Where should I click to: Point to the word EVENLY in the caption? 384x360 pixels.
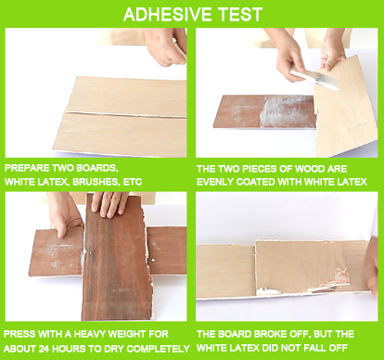[217, 181]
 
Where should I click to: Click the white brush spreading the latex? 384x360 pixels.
[306, 80]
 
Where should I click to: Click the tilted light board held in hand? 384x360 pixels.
[343, 107]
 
